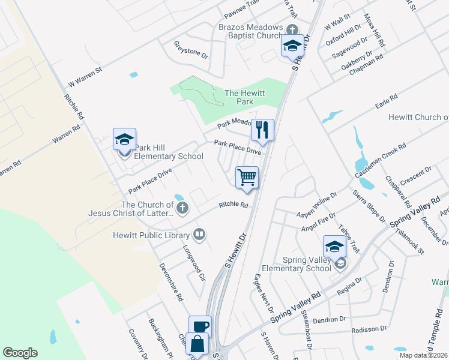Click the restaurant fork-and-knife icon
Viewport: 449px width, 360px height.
pos(262,129)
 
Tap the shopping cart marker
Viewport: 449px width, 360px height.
pos(247,177)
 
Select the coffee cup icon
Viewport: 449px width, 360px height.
pos(200,326)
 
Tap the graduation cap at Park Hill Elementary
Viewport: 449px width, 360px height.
pos(125,139)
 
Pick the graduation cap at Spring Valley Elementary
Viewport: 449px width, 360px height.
pos(334,246)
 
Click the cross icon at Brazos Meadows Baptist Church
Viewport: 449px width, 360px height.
pos(292,29)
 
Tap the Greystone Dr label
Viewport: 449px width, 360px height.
pos(191,50)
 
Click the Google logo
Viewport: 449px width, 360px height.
pos(20,353)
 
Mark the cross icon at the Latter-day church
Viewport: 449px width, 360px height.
pos(182,208)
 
